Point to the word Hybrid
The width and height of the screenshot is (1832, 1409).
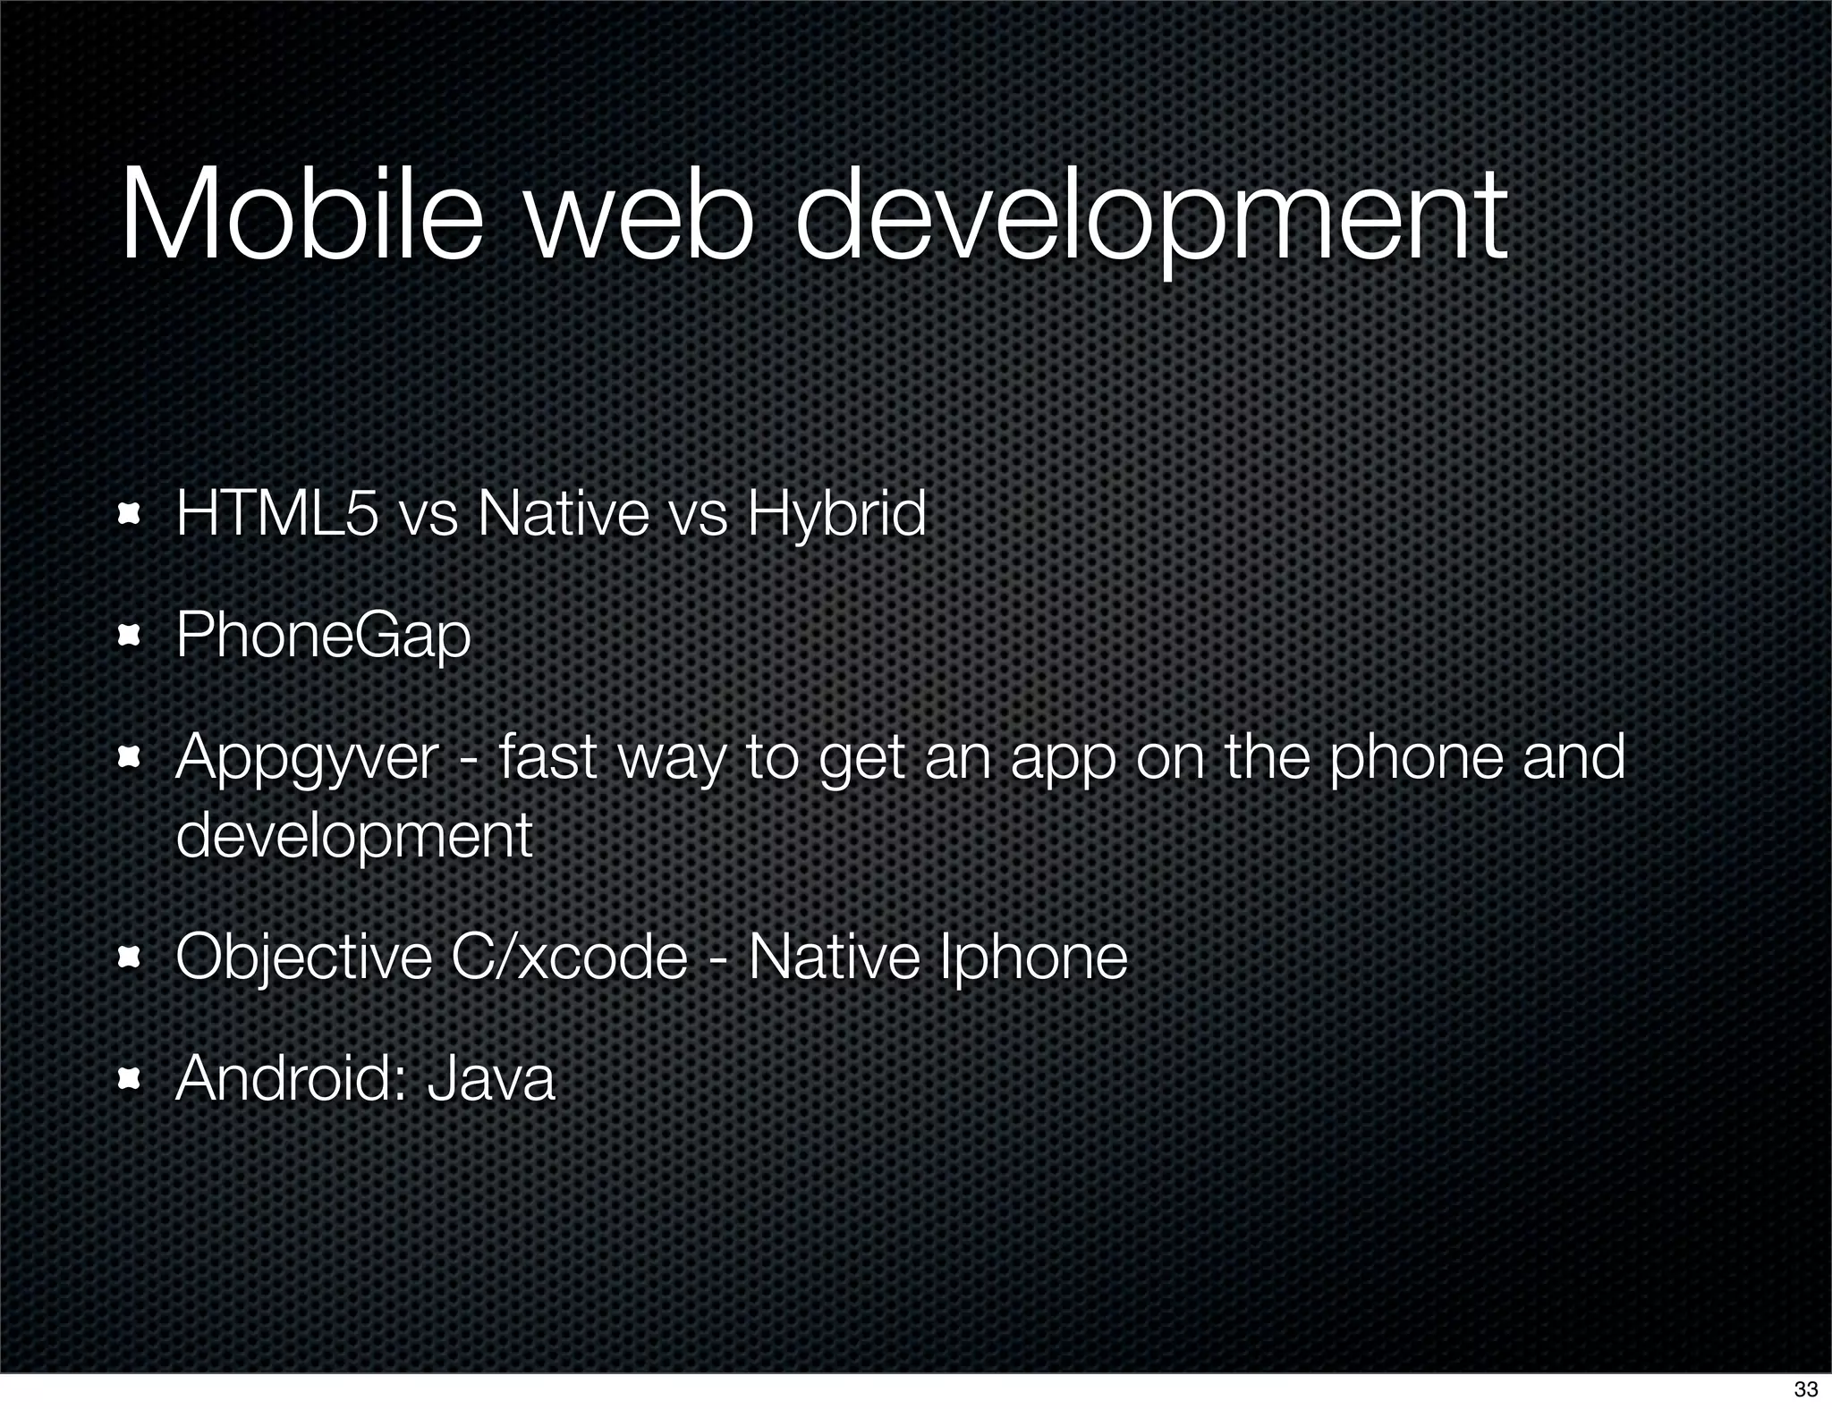pos(836,516)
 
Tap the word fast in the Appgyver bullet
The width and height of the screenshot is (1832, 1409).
pos(547,756)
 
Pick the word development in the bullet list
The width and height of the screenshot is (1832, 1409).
pos(354,836)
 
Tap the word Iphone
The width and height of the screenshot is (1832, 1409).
pos(1033,957)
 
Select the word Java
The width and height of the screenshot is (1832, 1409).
pos(491,1078)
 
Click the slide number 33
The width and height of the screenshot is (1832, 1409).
pos(1805,1388)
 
